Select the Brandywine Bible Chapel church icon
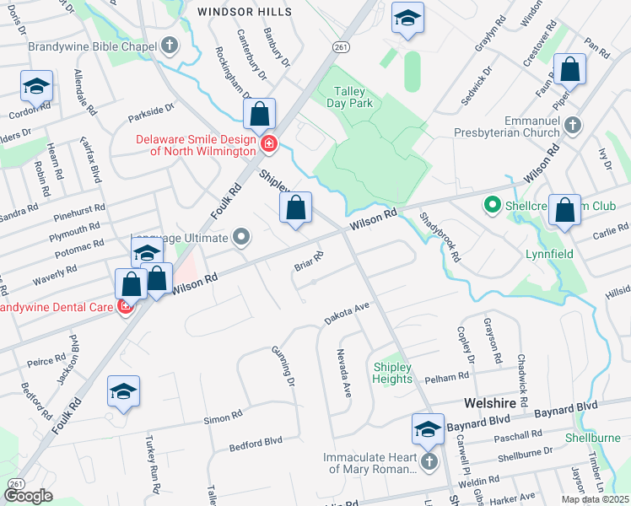point(169,46)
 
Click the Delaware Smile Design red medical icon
point(268,144)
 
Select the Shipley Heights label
point(392,374)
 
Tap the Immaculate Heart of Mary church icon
point(429,462)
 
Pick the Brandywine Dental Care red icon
point(125,307)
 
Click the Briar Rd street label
point(309,262)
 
